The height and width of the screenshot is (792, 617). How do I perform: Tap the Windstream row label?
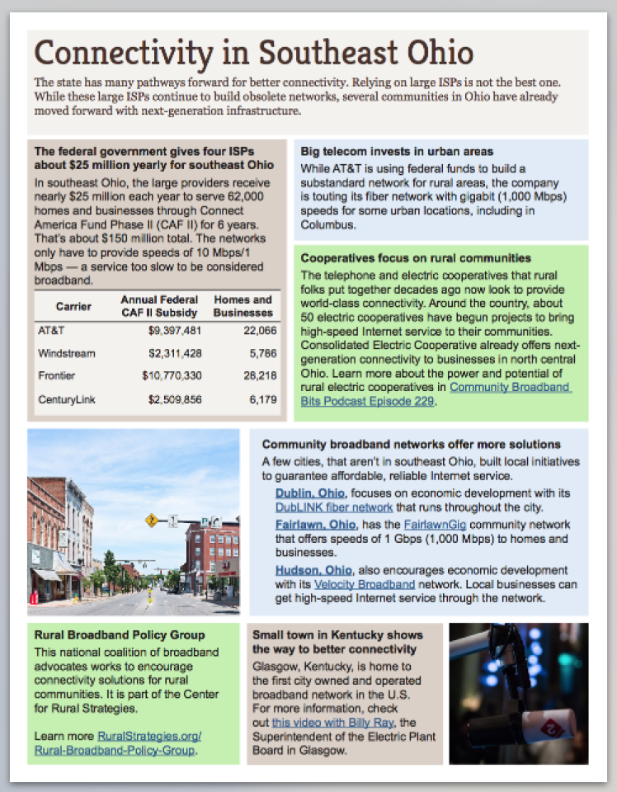tap(66, 353)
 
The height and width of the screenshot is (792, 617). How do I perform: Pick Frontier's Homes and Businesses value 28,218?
tap(257, 376)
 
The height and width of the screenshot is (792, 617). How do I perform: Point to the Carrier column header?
tap(73, 306)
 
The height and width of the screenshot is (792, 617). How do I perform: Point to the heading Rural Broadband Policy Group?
tap(120, 635)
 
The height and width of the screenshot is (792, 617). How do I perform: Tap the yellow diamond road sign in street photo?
tap(151, 521)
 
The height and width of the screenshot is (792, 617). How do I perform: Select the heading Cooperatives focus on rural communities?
tap(415, 258)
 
